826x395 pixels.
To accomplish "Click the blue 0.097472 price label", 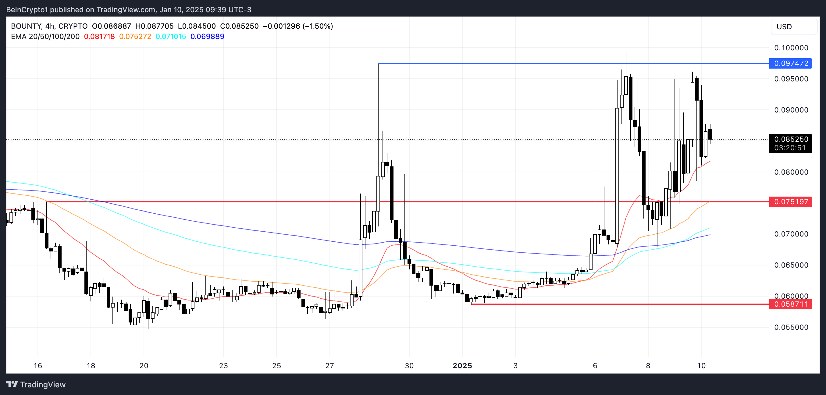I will tap(791, 63).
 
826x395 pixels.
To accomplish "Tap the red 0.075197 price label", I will tap(791, 202).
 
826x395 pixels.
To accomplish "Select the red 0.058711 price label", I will tap(791, 304).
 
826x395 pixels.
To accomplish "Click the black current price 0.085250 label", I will tap(791, 140).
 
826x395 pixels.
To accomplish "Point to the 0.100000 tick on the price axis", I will tap(791, 48).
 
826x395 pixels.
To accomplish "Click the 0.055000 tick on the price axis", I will tap(791, 327).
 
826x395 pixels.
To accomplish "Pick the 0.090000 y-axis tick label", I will tap(791, 110).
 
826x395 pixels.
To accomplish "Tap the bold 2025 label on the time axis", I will tap(462, 366).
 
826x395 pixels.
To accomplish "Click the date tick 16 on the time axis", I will tap(38, 366).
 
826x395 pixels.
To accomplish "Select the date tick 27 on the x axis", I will tap(329, 366).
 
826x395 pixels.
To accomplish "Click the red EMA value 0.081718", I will tap(99, 37).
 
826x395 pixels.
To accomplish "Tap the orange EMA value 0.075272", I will tap(135, 37).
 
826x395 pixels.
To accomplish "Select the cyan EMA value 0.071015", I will tap(171, 37).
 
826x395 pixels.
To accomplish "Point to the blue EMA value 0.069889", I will tap(207, 37).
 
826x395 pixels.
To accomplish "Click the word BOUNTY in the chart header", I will tap(26, 26).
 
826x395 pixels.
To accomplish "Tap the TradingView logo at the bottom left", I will tap(36, 384).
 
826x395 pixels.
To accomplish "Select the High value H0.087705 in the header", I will tap(154, 26).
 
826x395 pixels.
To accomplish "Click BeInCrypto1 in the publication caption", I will tap(27, 10).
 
